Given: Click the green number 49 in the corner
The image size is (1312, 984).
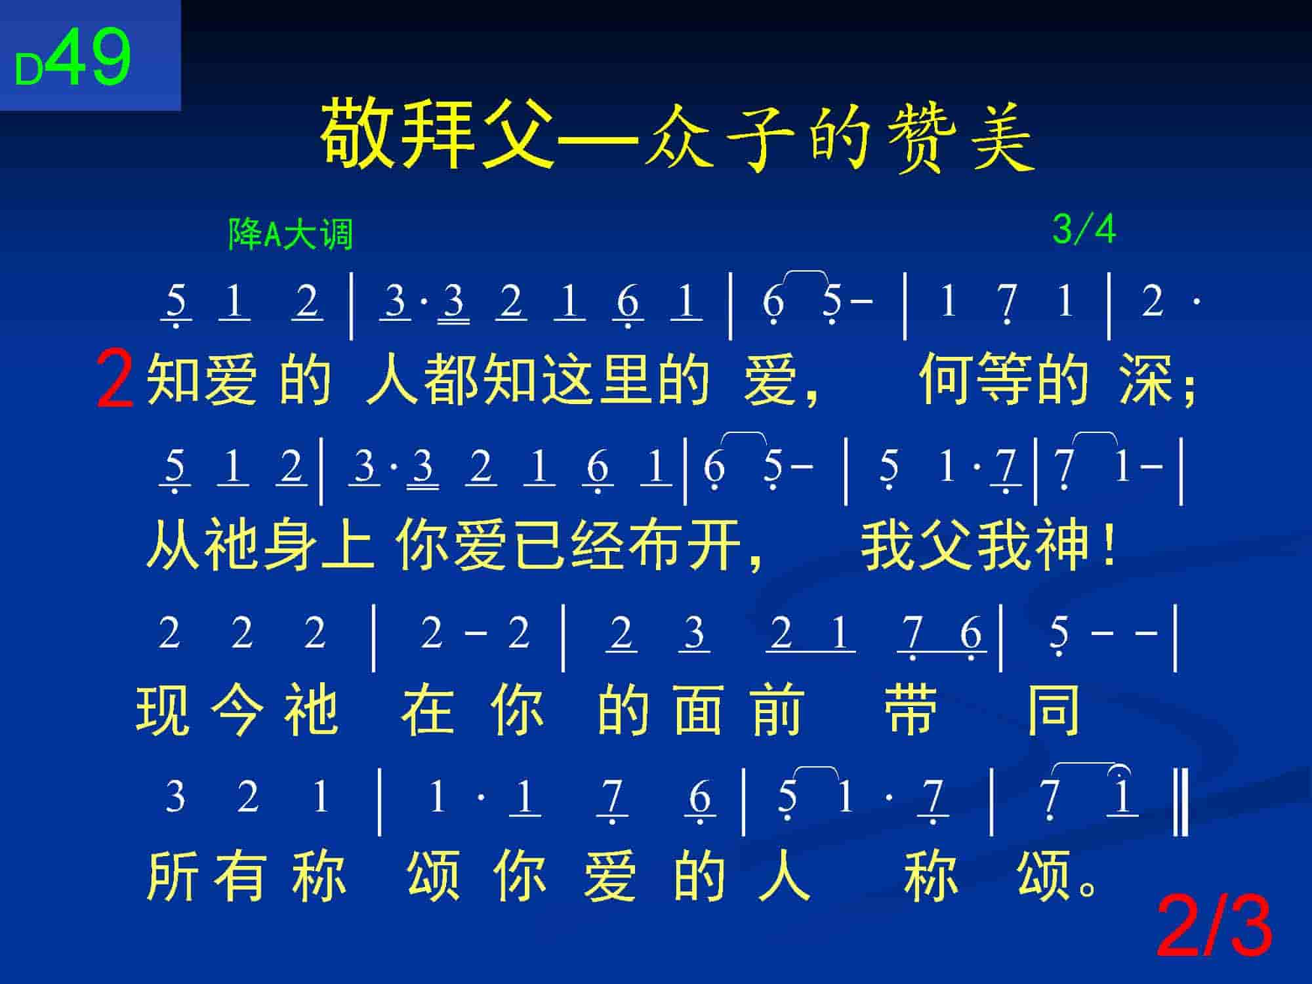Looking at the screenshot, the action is click(x=90, y=57).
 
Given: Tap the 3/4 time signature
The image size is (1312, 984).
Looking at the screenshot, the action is click(x=1084, y=230).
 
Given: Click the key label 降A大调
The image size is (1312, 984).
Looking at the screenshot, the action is click(x=291, y=234).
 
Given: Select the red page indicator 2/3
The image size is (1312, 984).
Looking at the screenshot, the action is click(x=1214, y=927).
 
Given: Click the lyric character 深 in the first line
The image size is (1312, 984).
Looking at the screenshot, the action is click(x=1146, y=380).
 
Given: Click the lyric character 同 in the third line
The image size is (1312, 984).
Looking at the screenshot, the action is click(x=1054, y=710).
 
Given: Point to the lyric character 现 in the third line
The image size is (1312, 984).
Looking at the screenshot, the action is click(x=163, y=710).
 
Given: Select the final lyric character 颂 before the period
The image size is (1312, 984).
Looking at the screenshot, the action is click(x=1044, y=876).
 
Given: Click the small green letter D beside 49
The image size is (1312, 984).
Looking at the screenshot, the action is click(x=29, y=70).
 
